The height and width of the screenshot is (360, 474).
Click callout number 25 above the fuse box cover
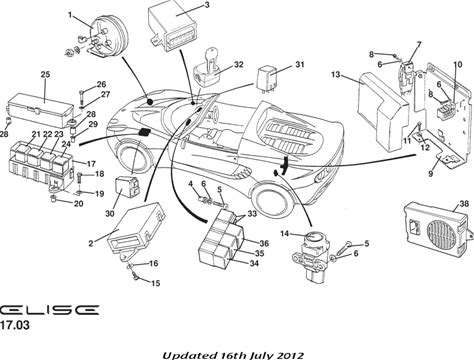coord(45,74)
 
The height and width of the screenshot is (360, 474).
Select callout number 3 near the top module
coord(207,5)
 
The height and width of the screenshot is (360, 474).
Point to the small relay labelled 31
coord(269,78)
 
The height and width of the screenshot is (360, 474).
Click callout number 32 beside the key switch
coord(238,64)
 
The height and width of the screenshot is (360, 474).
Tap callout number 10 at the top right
coord(458,64)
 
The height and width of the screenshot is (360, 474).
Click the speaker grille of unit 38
coord(442,234)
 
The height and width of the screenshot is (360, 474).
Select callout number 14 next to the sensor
coord(284,234)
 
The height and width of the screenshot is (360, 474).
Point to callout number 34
coord(254,263)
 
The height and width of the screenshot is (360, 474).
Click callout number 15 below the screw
coord(155,283)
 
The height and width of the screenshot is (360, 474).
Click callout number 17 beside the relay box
coord(91,164)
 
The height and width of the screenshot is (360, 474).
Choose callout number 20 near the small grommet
coord(78,203)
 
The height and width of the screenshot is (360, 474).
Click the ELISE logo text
coord(49,310)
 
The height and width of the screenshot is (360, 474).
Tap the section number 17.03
coord(15,325)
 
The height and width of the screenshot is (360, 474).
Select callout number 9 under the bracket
coord(431,174)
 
